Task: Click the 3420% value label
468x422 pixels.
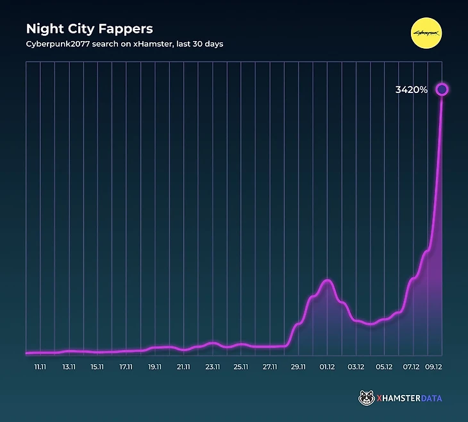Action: point(411,90)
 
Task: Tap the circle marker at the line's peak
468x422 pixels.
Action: point(442,89)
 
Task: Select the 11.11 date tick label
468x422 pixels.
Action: point(40,367)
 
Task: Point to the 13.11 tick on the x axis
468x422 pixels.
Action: point(69,367)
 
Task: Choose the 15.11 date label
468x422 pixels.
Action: point(97,367)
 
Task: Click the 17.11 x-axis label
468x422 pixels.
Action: point(126,367)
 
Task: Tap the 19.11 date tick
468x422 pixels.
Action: point(155,367)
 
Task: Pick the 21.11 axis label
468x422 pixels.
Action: point(184,367)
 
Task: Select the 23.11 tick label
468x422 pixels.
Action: point(212,367)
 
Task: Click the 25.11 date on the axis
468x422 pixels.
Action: point(241,367)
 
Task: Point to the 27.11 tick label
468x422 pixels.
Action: point(270,367)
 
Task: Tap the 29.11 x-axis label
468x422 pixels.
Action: point(298,367)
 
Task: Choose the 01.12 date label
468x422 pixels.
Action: point(327,367)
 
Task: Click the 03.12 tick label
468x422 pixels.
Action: point(356,367)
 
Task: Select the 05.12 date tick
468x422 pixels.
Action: point(384,367)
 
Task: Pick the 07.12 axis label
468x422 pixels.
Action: point(412,367)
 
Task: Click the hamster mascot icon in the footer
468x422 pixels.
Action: point(366,398)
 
